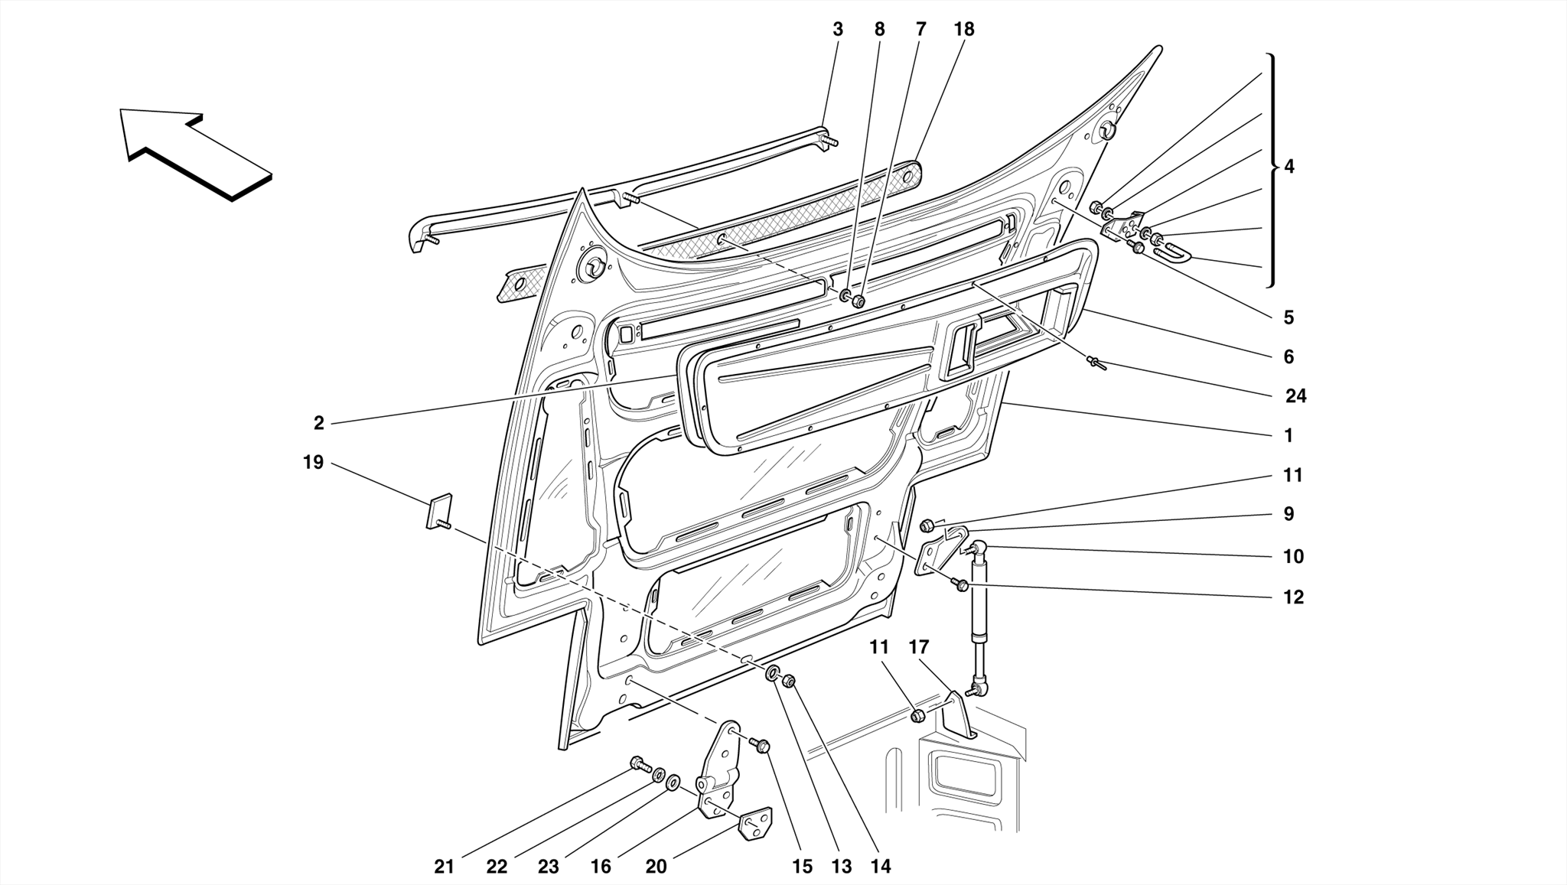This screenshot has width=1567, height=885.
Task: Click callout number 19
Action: point(314,462)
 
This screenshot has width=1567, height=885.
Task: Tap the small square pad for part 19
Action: point(439,510)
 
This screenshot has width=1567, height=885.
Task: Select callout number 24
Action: point(1295,395)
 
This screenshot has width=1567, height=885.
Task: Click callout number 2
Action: point(319,422)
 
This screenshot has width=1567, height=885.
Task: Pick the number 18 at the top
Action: point(964,29)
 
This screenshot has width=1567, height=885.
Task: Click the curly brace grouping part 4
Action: point(1271,170)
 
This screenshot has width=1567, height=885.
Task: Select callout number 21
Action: point(445,867)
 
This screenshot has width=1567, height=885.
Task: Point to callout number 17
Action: point(918,647)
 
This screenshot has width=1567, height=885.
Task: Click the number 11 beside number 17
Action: point(879,647)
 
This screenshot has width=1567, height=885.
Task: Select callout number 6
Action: point(1288,356)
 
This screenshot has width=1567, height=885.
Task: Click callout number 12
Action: point(1293,597)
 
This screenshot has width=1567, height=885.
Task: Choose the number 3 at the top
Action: point(838,29)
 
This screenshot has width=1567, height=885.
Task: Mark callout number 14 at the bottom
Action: point(881,867)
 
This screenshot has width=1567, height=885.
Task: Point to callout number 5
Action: point(1288,317)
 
